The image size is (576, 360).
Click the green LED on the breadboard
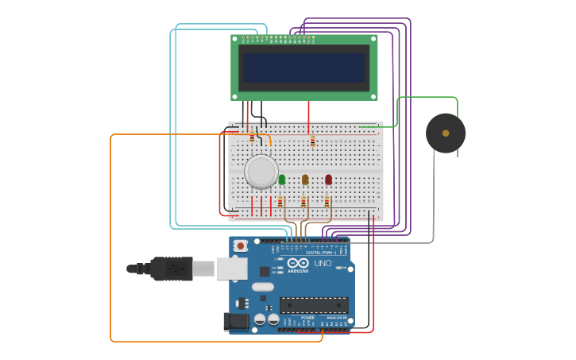click(x=282, y=180)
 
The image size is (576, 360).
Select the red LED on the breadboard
click(x=328, y=180)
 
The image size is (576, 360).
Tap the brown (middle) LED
click(x=305, y=180)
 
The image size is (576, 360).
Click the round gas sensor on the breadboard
click(x=261, y=171)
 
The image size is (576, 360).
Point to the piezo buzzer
click(x=446, y=134)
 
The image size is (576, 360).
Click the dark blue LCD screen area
click(x=303, y=68)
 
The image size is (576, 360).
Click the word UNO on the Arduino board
click(x=323, y=263)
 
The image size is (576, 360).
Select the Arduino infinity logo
click(x=298, y=262)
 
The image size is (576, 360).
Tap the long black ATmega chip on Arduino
click(x=314, y=304)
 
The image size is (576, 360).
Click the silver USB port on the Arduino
click(x=231, y=269)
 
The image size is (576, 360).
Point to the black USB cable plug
click(x=171, y=269)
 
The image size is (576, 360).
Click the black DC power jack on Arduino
click(x=236, y=321)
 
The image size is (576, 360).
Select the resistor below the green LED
click(x=280, y=202)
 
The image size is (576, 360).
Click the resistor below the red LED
click(x=327, y=202)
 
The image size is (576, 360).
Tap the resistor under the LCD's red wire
click(x=312, y=141)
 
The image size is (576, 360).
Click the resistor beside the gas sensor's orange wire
click(x=252, y=137)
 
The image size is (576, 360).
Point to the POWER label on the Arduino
click(x=307, y=317)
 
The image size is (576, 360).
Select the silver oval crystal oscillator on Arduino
click(x=263, y=286)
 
